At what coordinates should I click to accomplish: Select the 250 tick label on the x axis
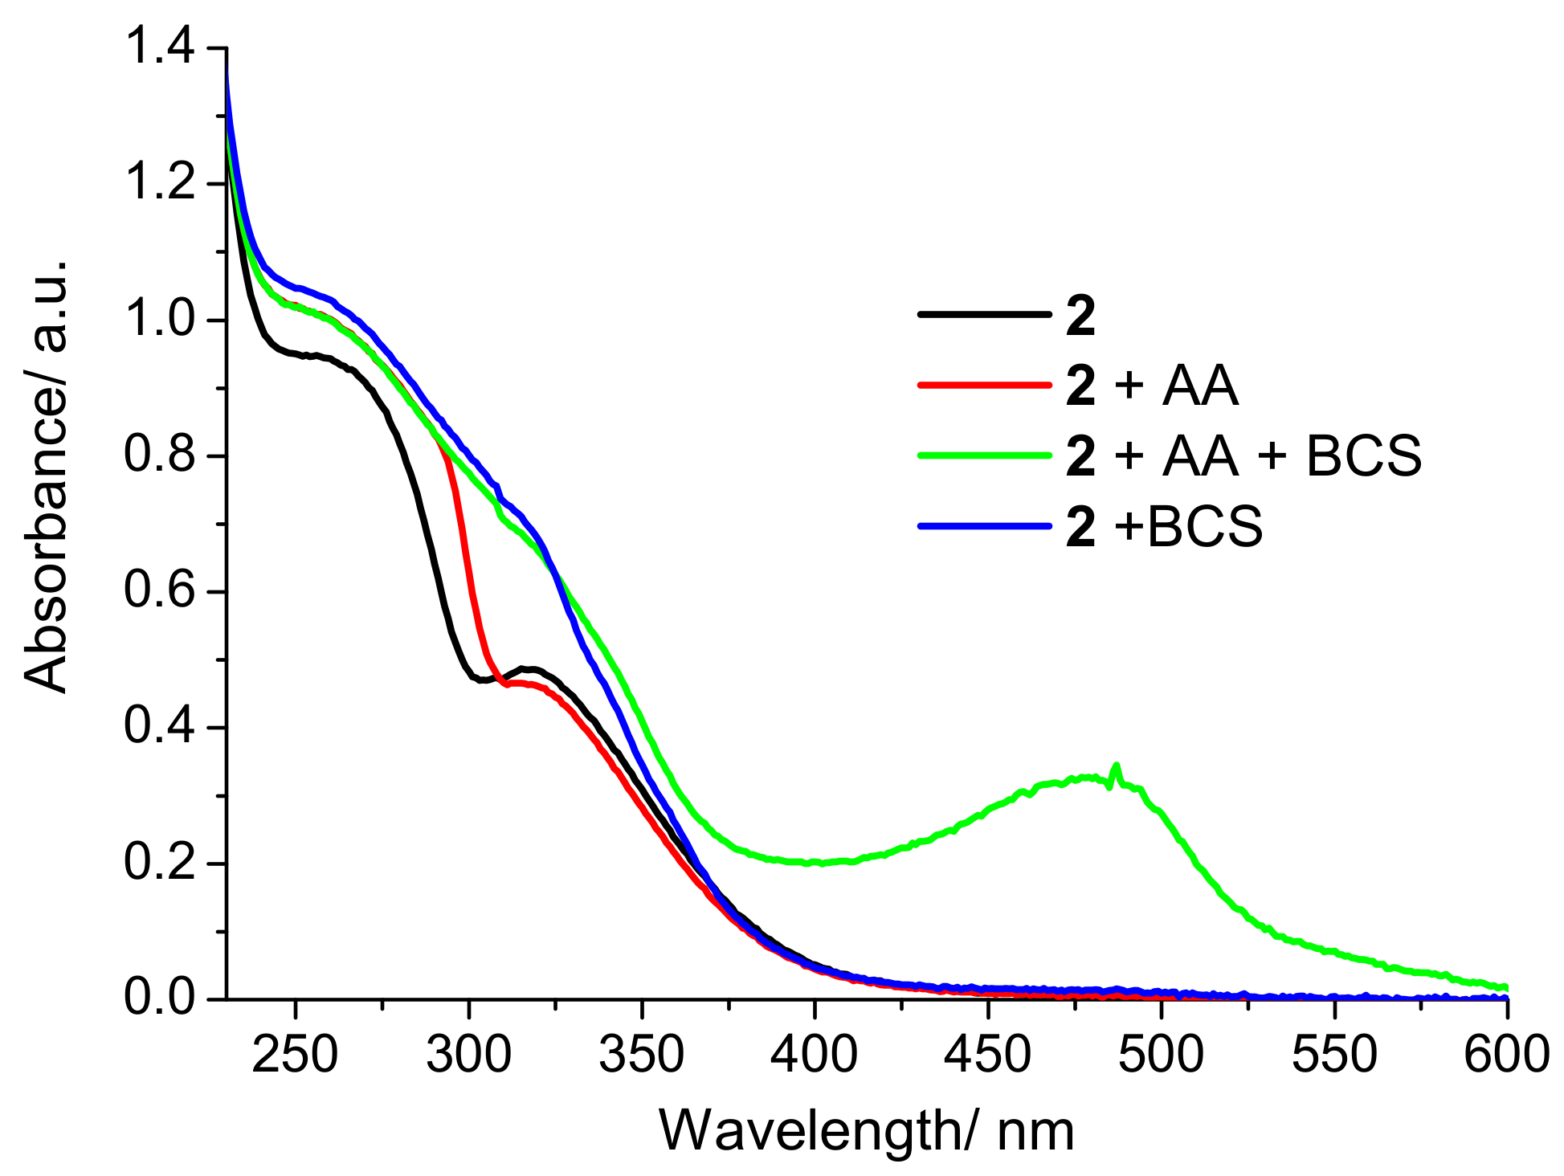[x=295, y=1054]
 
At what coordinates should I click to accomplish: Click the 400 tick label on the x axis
[x=815, y=1054]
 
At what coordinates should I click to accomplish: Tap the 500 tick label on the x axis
[x=1161, y=1054]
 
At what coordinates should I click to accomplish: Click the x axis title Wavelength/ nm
[x=867, y=1131]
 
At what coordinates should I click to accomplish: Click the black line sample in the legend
[x=984, y=315]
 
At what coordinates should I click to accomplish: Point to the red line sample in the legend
[x=984, y=385]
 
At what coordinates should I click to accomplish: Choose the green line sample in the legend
[x=984, y=455]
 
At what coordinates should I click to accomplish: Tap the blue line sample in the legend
[x=984, y=525]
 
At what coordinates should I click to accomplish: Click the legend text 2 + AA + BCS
[x=1243, y=455]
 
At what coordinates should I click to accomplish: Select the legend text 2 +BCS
[x=1164, y=526]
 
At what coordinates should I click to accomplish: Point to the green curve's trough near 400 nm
[x=811, y=863]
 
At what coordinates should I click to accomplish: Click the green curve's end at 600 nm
[x=1505, y=987]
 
